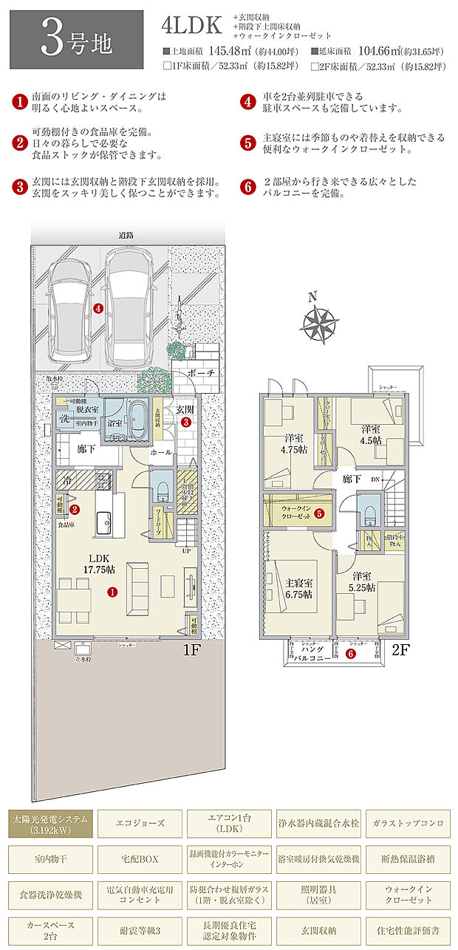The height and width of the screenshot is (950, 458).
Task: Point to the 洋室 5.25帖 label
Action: [362, 581]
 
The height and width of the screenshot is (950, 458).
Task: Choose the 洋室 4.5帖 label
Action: [371, 434]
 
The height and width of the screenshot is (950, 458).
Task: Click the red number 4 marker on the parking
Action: [99, 309]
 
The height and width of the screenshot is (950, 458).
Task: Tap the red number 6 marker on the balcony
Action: [352, 653]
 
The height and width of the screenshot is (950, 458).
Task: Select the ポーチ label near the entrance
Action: [202, 373]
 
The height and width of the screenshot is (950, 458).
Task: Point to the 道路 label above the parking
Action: [126, 235]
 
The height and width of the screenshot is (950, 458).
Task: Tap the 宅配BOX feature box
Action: [139, 860]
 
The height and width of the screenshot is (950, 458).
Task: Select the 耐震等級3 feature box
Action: [139, 929]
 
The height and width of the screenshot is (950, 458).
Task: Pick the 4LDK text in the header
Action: [191, 26]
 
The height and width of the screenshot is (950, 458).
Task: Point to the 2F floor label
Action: [400, 651]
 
